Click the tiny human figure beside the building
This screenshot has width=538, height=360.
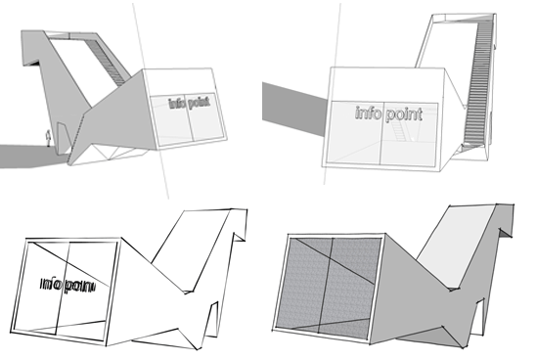point(49,138)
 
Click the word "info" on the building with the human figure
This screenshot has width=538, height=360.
point(177,103)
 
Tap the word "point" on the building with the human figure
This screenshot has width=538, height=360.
point(199,103)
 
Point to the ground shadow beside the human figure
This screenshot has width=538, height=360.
point(31,157)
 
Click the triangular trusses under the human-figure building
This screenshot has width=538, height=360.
point(113,155)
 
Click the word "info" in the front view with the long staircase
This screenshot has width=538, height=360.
point(368,112)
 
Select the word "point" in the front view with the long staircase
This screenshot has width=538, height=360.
point(403,114)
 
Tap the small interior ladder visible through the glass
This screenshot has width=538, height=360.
point(399,131)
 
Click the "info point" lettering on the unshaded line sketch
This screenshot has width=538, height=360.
point(67,285)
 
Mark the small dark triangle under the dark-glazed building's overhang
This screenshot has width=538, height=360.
point(505,233)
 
